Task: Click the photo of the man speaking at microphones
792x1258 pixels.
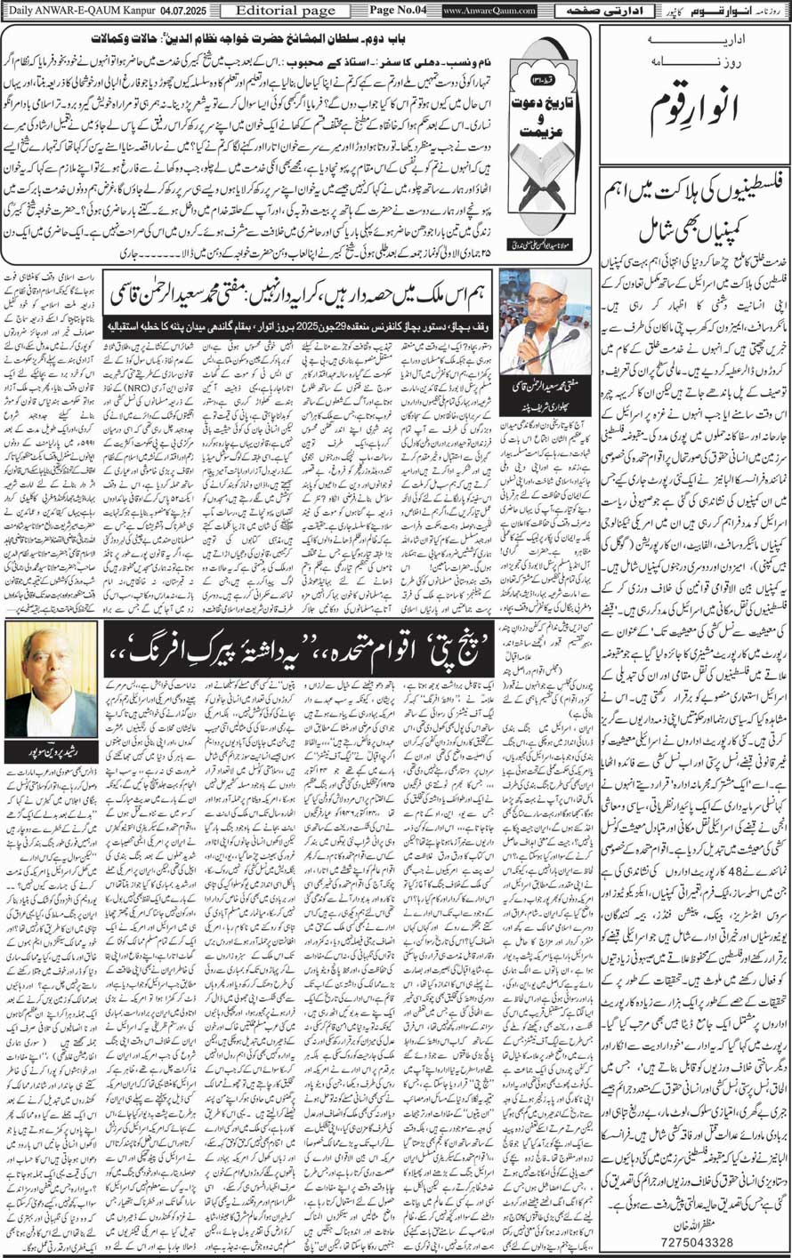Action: point(545,321)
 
